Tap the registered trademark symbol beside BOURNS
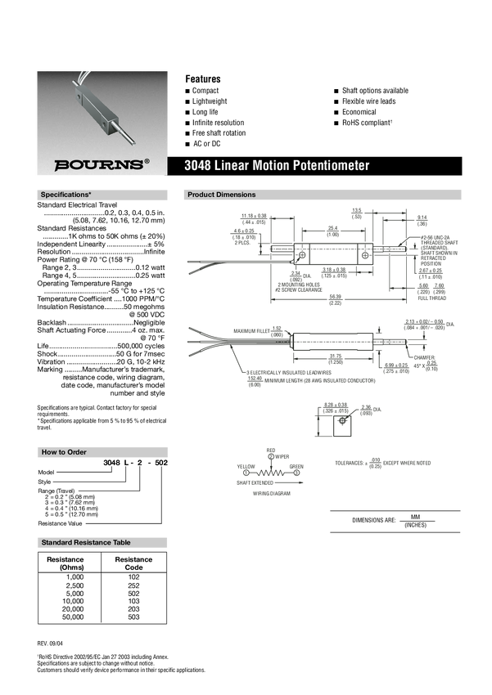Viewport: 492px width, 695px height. (x=147, y=161)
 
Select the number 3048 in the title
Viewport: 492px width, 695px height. (x=199, y=165)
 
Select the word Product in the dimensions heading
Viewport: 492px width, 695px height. (x=201, y=195)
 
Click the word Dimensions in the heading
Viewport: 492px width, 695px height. (x=237, y=195)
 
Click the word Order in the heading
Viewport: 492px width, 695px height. (x=76, y=452)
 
